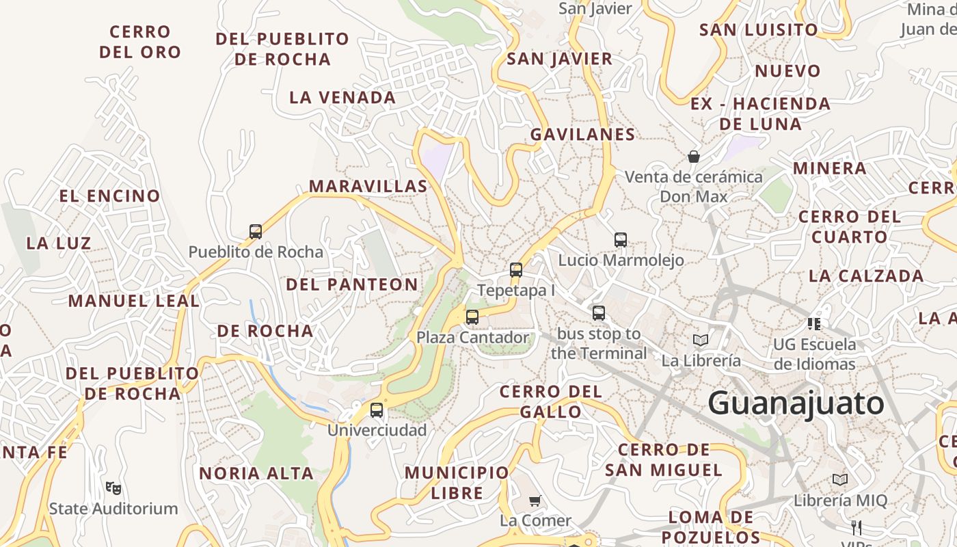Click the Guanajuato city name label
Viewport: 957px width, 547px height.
click(x=796, y=403)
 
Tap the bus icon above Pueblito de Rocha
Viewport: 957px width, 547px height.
click(x=256, y=232)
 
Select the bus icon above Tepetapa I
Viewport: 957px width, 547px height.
click(x=516, y=270)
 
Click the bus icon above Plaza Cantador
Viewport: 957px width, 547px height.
click(x=472, y=317)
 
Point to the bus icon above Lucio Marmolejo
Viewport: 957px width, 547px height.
click(x=621, y=240)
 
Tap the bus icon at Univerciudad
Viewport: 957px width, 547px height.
click(x=377, y=410)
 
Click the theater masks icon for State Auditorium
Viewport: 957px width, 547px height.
click(x=113, y=488)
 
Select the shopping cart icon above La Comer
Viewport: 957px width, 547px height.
click(x=535, y=501)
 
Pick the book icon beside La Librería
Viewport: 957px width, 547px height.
click(x=701, y=340)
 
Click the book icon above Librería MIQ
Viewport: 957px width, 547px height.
click(x=840, y=480)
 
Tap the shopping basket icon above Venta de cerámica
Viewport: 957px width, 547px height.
click(x=694, y=157)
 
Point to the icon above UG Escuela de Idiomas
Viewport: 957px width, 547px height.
click(x=814, y=323)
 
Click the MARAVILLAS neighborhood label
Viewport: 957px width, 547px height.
click(x=368, y=186)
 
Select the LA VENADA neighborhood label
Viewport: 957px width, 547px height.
click(x=342, y=97)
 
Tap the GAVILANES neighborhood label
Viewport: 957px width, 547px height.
click(x=583, y=134)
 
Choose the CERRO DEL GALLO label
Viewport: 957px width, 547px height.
click(x=551, y=401)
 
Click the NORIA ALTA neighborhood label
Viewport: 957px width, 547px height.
click(x=256, y=473)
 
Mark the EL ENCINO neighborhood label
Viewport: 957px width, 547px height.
click(x=109, y=196)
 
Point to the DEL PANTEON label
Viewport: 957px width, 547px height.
click(x=352, y=284)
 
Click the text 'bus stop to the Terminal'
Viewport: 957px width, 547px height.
click(x=599, y=343)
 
